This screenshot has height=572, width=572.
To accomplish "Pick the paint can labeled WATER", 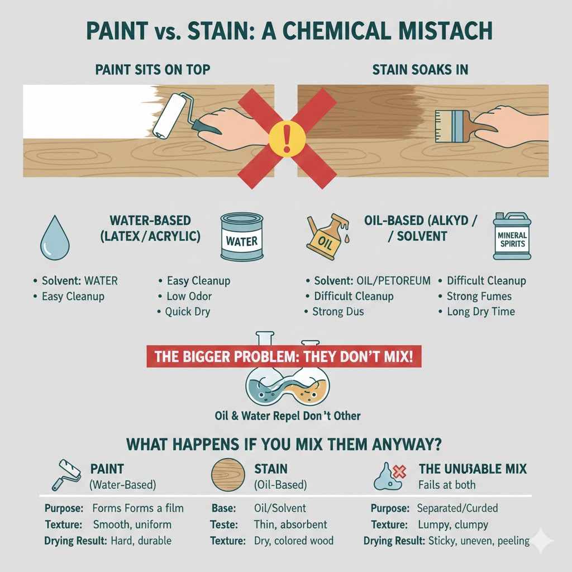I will coord(241,237).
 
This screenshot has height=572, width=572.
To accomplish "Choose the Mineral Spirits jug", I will coord(511,236).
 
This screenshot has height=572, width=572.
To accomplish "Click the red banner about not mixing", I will coord(284,356).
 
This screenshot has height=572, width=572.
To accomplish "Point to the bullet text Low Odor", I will coord(189,296).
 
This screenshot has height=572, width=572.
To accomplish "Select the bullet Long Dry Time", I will coord(480,312).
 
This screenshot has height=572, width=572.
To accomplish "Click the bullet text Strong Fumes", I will coord(479,297).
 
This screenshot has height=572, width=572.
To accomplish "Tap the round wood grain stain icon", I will coord(228,475).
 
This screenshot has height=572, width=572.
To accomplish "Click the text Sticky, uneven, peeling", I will coord(479,541).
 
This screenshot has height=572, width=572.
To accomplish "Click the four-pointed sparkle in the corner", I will coord(542,541).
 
